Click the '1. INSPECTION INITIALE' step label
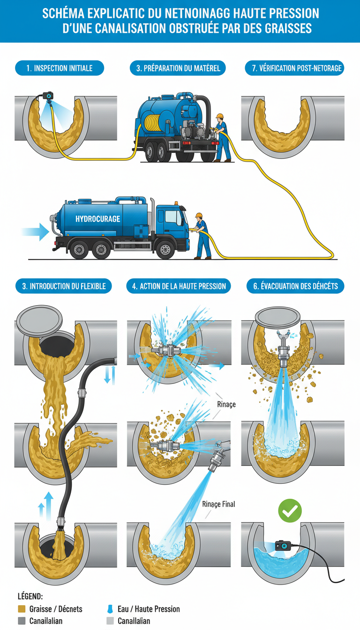pyautogui.click(x=59, y=68)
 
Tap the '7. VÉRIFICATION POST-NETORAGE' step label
pyautogui.click(x=294, y=68)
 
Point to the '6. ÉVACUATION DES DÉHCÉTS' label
pyautogui.click(x=295, y=286)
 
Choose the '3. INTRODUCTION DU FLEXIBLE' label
pyautogui.click(x=64, y=286)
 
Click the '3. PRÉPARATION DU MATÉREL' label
pyautogui.click(x=178, y=68)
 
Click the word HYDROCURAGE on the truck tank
pyautogui.click(x=97, y=219)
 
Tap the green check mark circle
pyautogui.click(x=290, y=511)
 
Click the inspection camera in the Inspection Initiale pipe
pyautogui.click(x=48, y=95)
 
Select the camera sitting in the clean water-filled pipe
pyautogui.click(x=283, y=546)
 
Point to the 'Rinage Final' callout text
pyautogui.click(x=218, y=504)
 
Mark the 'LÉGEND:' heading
pyautogui.click(x=30, y=597)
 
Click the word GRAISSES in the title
pyautogui.click(x=286, y=28)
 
